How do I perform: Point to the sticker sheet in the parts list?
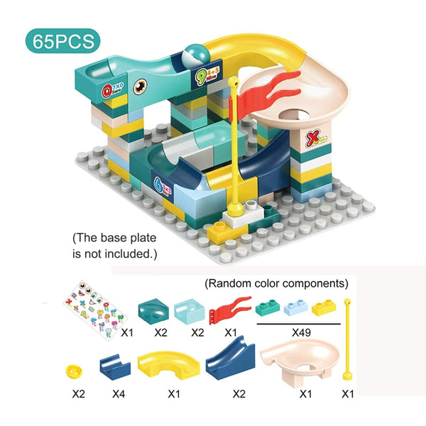92,306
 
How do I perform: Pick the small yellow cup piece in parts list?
72,371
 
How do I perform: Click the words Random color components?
276,283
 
